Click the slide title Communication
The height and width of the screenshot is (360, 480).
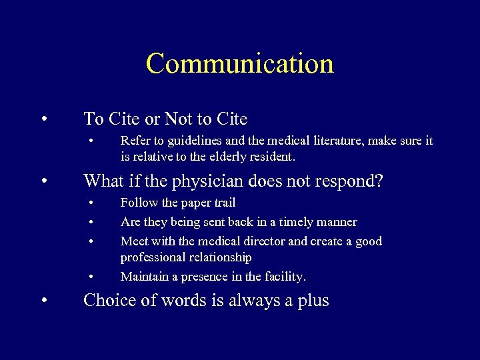pyautogui.click(x=239, y=63)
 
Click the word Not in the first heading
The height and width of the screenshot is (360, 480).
pyautogui.click(x=178, y=119)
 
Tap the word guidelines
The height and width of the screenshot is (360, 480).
pyautogui.click(x=188, y=141)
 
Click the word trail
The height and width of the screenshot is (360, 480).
pyautogui.click(x=223, y=203)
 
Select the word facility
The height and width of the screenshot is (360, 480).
pyautogui.click(x=282, y=276)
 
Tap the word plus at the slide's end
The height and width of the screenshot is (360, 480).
pyautogui.click(x=313, y=301)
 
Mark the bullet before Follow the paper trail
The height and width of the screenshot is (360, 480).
pyautogui.click(x=91, y=203)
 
